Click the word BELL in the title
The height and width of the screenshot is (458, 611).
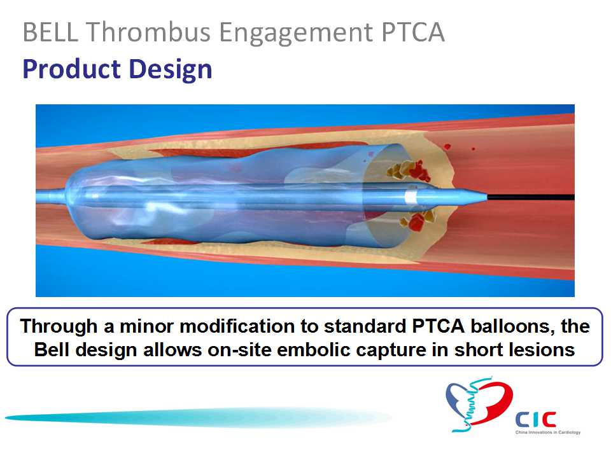point(50,32)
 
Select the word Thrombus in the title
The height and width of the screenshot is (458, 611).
point(148,32)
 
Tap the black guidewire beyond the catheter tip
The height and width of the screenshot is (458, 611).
point(530,197)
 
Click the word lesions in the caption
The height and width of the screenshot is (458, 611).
point(541,350)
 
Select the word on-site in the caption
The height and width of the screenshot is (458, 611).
point(239,350)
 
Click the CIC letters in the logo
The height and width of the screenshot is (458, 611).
point(536,420)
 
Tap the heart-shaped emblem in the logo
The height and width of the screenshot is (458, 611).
point(479,405)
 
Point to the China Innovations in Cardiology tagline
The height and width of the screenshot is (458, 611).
point(548,433)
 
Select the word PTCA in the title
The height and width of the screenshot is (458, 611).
point(413,32)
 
